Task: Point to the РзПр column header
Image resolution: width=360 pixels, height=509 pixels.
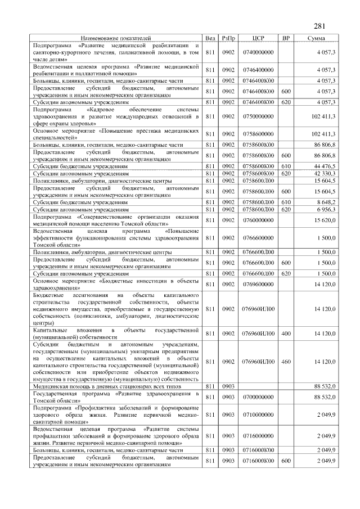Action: (228, 38)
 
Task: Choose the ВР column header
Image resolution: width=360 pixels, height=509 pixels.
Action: (286, 38)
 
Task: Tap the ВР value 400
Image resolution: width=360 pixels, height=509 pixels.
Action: (286, 333)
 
